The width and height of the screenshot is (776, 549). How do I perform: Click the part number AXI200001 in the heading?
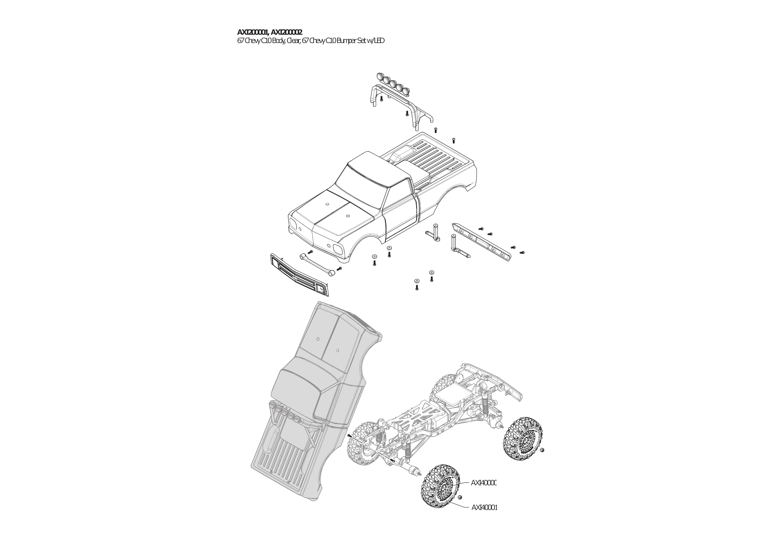click(252, 32)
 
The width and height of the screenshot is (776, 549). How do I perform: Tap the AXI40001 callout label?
click(484, 517)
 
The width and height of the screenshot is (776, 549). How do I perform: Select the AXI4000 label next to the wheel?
click(483, 483)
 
